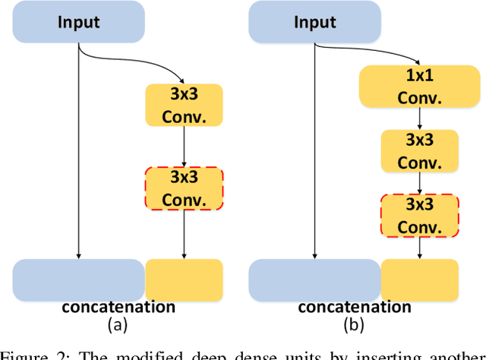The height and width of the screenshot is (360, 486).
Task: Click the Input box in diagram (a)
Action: point(79,21)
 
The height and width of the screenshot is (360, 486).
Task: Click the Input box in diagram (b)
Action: point(315,21)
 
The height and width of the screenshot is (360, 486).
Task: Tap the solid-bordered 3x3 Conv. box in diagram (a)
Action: point(185,106)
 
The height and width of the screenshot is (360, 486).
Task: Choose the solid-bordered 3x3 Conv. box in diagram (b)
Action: point(420,151)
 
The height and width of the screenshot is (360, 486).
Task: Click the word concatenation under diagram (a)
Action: point(118,307)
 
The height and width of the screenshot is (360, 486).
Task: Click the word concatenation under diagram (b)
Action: point(355,307)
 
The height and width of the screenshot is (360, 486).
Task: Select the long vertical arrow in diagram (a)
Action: point(79,152)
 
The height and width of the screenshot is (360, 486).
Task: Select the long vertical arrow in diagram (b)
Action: point(314,152)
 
